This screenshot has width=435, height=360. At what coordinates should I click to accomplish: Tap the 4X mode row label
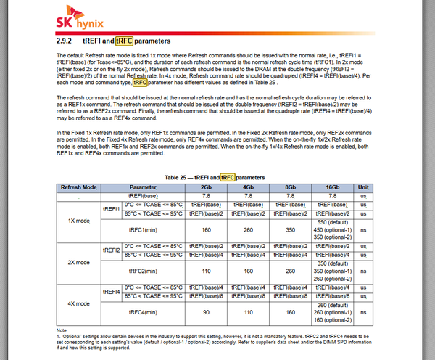pyautogui.click(x=78, y=302)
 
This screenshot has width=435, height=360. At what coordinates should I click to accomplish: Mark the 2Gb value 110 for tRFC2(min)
pyautogui.click(x=206, y=270)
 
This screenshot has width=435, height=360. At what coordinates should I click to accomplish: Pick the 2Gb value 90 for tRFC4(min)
pyautogui.click(x=206, y=311)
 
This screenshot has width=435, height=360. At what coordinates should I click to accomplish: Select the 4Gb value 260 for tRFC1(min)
pyautogui.click(x=247, y=229)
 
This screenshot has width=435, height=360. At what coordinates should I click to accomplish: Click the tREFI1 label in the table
pyautogui.click(x=110, y=208)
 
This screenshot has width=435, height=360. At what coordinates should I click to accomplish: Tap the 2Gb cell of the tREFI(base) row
pyautogui.click(x=206, y=195)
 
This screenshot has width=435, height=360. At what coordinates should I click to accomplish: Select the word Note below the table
pyautogui.click(x=61, y=330)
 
